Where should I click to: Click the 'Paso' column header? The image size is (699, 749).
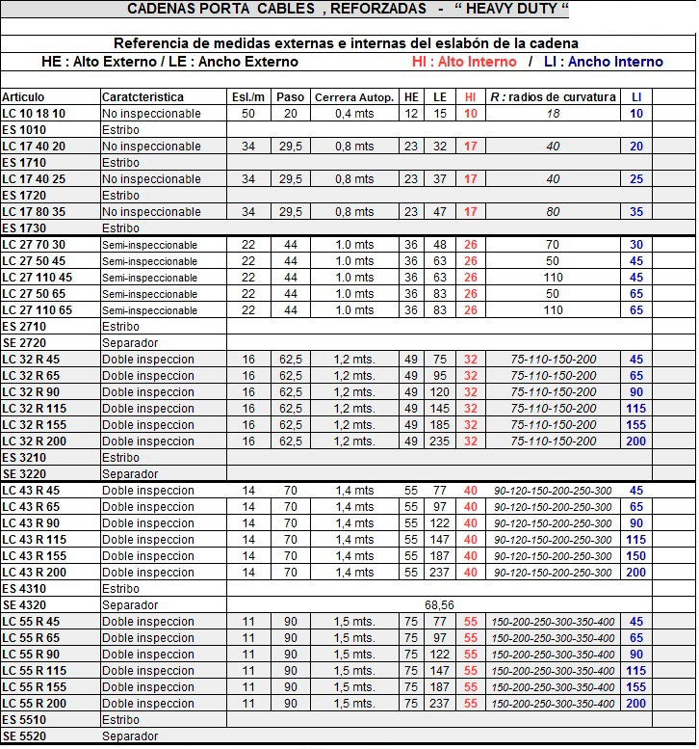pyautogui.click(x=290, y=97)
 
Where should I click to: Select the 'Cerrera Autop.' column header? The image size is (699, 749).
pyautogui.click(x=353, y=97)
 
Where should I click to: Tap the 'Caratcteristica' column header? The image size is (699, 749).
pyautogui.click(x=142, y=97)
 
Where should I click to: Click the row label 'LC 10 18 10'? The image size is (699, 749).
pyautogui.click(x=34, y=114)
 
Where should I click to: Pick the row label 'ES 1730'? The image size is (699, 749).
pyautogui.click(x=24, y=228)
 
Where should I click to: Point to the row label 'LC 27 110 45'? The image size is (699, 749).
pyautogui.click(x=38, y=278)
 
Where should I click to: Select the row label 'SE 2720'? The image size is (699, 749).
pyautogui.click(x=24, y=343)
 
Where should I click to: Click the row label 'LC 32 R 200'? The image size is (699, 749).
pyautogui.click(x=35, y=441)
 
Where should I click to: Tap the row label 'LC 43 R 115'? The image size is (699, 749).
pyautogui.click(x=35, y=540)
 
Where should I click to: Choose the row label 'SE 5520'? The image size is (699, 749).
pyautogui.click(x=24, y=736)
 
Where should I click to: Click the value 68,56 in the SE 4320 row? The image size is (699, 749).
pyautogui.click(x=439, y=605)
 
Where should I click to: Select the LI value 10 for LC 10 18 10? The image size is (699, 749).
pyautogui.click(x=636, y=114)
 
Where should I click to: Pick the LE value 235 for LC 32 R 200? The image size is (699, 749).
pyautogui.click(x=440, y=441)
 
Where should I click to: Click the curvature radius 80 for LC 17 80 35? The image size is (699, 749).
pyautogui.click(x=553, y=212)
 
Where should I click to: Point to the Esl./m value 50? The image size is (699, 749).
pyautogui.click(x=248, y=114)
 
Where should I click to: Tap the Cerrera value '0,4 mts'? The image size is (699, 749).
pyautogui.click(x=354, y=114)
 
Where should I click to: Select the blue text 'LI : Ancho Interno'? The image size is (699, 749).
pyautogui.click(x=604, y=62)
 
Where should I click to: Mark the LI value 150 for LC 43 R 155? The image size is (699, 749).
pyautogui.click(x=636, y=556)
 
